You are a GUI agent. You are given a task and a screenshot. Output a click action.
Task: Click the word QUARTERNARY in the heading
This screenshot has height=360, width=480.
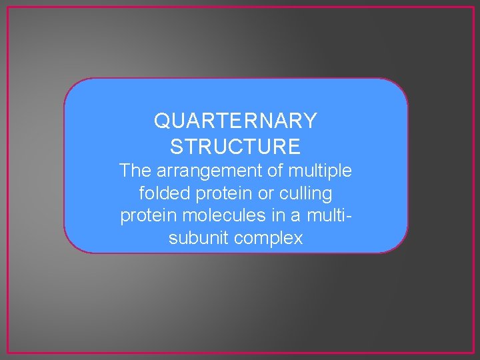pos(235,121)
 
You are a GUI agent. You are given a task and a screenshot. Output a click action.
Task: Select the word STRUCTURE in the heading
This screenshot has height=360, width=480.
pos(235,146)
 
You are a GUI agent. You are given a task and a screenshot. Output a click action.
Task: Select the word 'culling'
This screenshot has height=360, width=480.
pos(306,194)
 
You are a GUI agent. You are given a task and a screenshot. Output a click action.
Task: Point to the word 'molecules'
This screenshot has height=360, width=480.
pos(221,216)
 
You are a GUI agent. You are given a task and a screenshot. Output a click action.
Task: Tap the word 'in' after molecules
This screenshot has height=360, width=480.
pos(276,216)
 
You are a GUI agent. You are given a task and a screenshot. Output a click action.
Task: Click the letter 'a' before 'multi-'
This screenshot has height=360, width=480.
pos(296,216)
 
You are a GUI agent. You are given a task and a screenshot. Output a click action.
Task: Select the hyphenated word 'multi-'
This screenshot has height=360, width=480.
pos(329,216)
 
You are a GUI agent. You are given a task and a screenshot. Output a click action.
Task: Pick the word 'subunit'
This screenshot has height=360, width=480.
pos(197,238)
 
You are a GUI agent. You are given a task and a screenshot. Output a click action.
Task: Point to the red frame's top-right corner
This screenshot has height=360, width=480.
pos(473,7)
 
